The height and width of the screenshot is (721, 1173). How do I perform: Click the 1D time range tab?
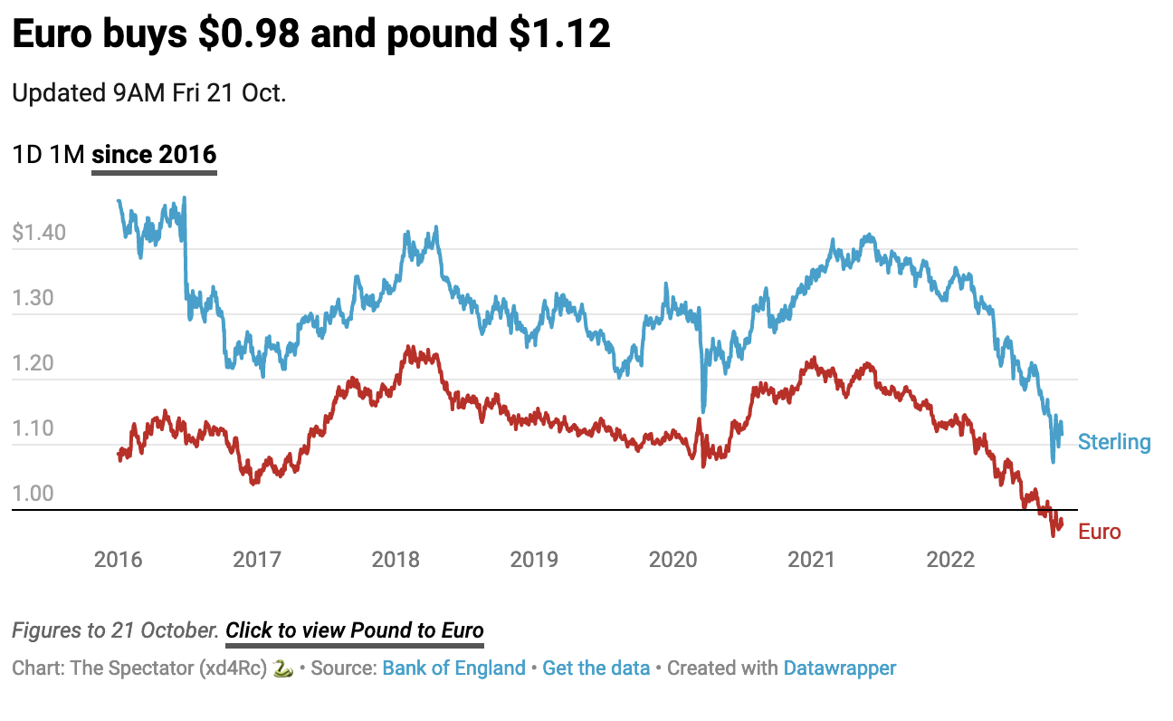point(26,154)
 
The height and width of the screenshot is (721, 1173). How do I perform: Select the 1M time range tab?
point(68,154)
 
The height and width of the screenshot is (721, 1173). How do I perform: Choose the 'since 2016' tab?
point(154,154)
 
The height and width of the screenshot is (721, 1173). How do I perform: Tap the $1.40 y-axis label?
point(39,233)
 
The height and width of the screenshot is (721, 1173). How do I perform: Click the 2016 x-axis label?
point(119,559)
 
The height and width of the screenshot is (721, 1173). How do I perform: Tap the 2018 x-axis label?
point(396,559)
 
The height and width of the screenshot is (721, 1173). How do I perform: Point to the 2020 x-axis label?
point(672,559)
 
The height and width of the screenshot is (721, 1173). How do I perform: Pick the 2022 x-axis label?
point(950,559)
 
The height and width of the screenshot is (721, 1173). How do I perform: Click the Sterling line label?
point(1114,442)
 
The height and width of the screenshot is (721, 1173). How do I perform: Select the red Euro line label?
point(1100,532)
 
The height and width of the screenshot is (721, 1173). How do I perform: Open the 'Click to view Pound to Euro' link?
point(355,630)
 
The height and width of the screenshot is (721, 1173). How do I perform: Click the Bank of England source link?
point(453,668)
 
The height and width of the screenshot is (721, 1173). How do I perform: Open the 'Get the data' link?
point(596,668)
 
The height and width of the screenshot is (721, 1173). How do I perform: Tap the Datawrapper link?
point(840,668)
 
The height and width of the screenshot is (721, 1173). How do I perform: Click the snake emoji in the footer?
point(283,668)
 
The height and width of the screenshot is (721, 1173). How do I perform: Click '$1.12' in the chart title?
point(559,34)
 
